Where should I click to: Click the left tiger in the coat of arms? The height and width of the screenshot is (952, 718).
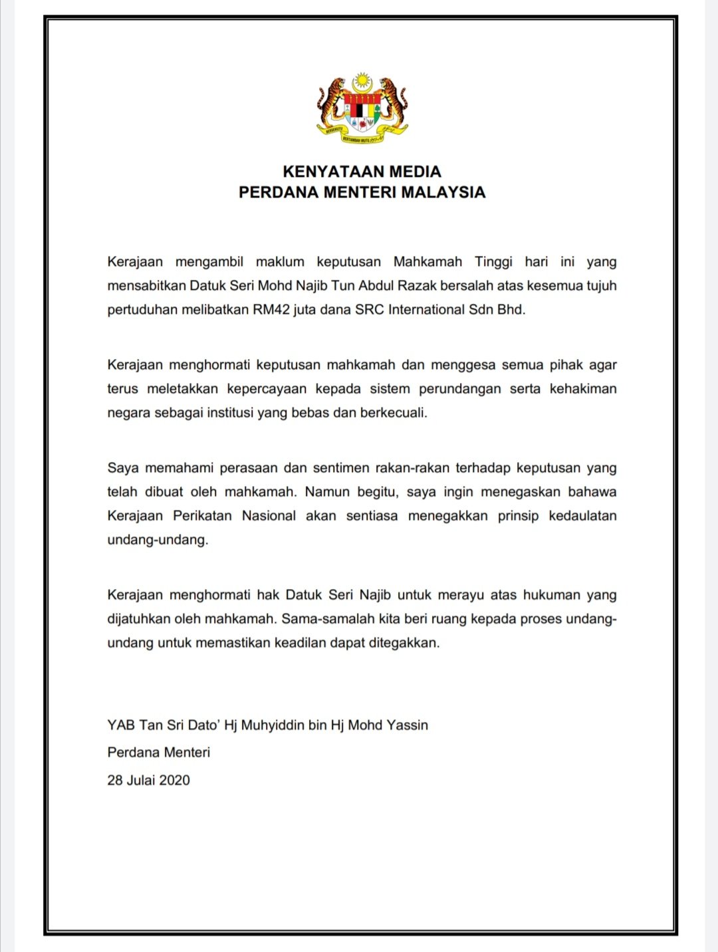point(330,103)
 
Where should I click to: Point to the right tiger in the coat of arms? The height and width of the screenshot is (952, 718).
point(394,103)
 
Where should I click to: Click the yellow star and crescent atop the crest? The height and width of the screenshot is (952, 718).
point(362,82)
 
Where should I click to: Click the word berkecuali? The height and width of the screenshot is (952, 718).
point(393,413)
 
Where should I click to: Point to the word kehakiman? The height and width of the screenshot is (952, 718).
point(583,389)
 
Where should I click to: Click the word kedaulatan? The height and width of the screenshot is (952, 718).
point(582,516)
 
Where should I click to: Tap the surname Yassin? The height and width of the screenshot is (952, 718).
point(408,725)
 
